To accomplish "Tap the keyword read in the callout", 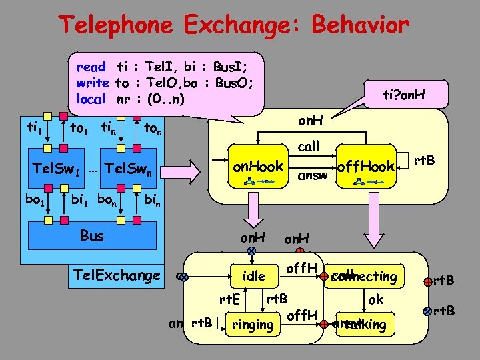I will tap(91, 67).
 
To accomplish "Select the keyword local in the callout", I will tap(91, 99).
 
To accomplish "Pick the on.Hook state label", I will tap(259, 166).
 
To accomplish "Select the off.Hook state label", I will tap(366, 166).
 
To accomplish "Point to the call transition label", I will tap(308, 146).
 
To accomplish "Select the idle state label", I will tap(254, 275).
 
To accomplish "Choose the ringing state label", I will tap(251, 325).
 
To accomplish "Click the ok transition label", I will tap(375, 299).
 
